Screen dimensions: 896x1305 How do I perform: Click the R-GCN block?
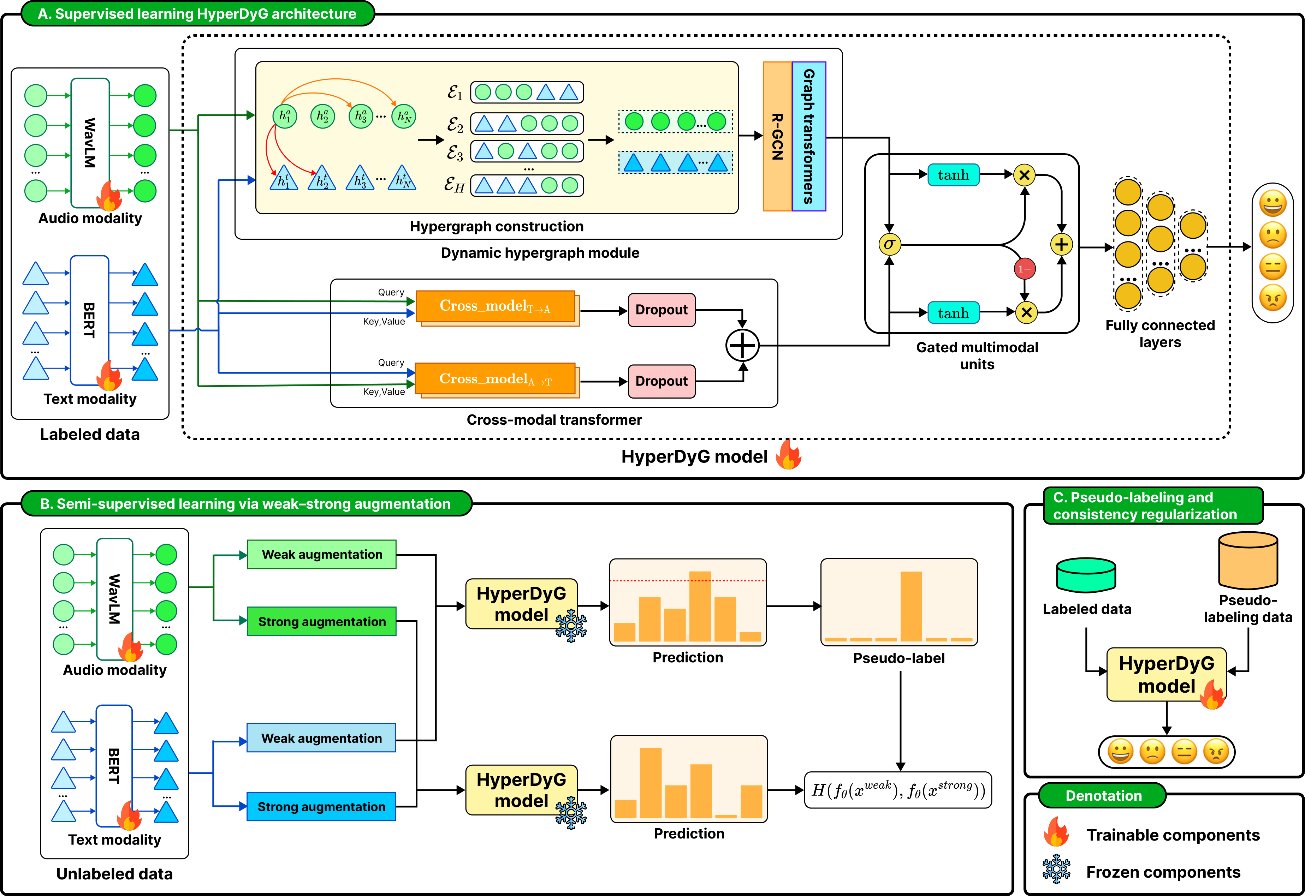(x=777, y=136)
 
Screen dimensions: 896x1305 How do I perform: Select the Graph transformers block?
(x=809, y=136)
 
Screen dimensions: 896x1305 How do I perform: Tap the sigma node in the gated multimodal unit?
(x=889, y=244)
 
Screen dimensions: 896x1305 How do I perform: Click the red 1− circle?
(x=1024, y=269)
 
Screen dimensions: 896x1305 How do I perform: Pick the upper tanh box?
(x=953, y=175)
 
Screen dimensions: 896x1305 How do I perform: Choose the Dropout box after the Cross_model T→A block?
(x=662, y=310)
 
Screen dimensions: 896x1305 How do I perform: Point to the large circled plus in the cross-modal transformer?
(x=742, y=345)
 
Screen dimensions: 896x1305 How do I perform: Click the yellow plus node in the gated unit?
(x=1061, y=244)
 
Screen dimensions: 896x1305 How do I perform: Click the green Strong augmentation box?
(x=322, y=621)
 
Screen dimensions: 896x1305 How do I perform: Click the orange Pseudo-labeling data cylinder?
(x=1248, y=561)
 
